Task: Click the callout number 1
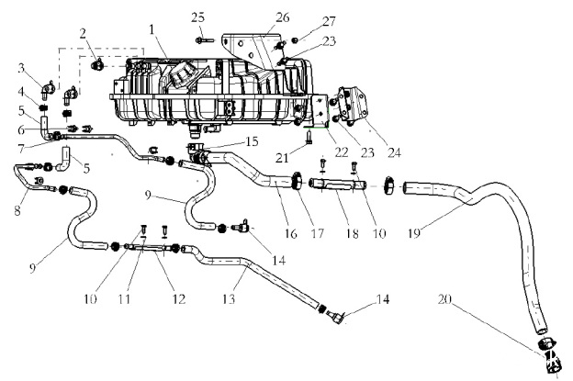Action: pyautogui.click(x=152, y=29)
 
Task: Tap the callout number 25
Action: pyautogui.click(x=198, y=17)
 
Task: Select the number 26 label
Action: pyautogui.click(x=283, y=17)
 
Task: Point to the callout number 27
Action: pyautogui.click(x=329, y=21)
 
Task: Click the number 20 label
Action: pyautogui.click(x=444, y=299)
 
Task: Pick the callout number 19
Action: pyautogui.click(x=414, y=232)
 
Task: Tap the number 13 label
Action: pyautogui.click(x=229, y=299)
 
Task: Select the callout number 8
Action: pyautogui.click(x=17, y=211)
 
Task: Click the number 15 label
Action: pyautogui.click(x=253, y=141)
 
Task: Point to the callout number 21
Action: pyautogui.click(x=282, y=158)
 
